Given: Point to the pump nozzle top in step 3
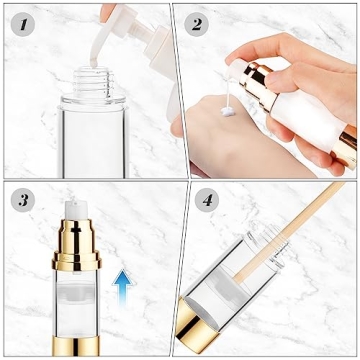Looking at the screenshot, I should [73, 204].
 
